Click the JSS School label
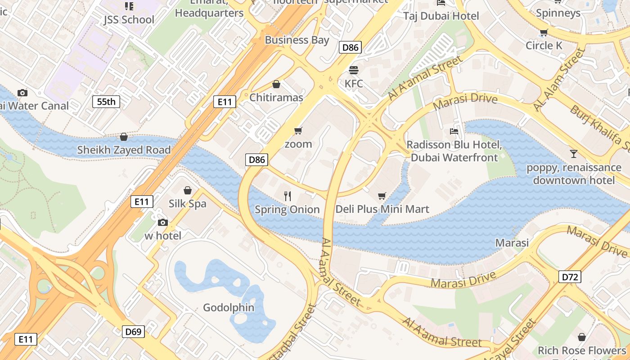129,20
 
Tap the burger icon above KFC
354,70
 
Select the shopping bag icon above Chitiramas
276,84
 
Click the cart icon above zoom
298,131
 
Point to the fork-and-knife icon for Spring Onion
288,196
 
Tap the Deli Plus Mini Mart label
382,209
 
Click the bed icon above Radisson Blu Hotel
454,131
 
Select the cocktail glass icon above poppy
573,154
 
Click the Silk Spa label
188,204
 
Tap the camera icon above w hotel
163,222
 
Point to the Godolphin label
229,308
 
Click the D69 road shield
133,332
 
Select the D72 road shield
570,277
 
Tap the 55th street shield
106,102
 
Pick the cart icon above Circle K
544,32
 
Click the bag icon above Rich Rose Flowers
582,337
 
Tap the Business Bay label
297,40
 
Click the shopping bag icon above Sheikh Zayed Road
124,137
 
